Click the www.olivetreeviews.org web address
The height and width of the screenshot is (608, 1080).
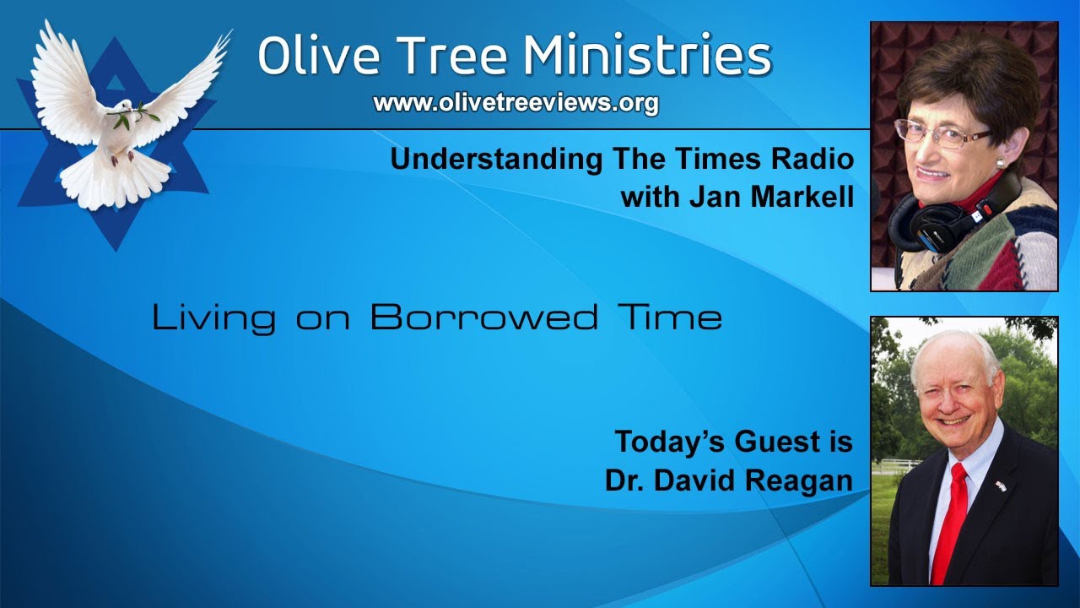[x=516, y=103]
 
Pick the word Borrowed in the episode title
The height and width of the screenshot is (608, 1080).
[x=483, y=318]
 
